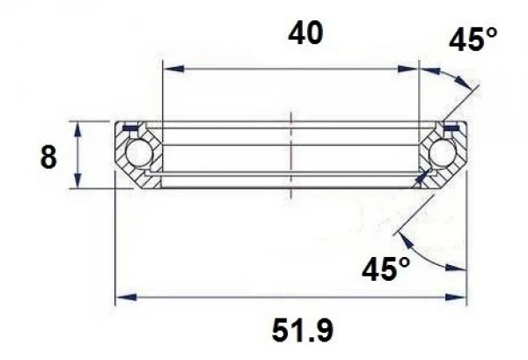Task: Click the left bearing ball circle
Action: click(138, 153)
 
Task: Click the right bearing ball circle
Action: click(442, 153)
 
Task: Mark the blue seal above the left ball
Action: click(131, 129)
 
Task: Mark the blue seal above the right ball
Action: click(451, 129)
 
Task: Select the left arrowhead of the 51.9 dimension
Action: click(123, 297)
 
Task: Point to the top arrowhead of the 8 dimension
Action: click(80, 127)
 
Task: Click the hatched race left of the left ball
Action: click(122, 155)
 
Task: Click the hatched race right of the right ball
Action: click(458, 155)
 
